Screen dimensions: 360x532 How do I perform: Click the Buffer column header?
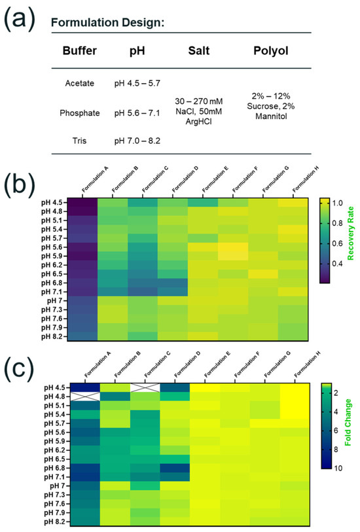point(79,50)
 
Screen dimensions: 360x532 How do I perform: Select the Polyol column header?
point(271,50)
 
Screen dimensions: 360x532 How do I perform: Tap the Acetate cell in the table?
point(79,83)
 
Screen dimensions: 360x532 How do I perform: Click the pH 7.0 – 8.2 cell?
point(137,141)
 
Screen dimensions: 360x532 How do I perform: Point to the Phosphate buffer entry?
point(79,113)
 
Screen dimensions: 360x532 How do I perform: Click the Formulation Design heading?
point(107,22)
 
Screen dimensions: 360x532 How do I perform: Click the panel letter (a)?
point(20,20)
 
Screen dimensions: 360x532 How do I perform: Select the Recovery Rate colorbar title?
point(351,234)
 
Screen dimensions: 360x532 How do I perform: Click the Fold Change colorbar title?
point(348,423)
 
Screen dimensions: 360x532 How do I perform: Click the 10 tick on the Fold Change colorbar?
point(338,468)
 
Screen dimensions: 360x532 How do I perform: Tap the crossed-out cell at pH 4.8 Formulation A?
point(85,397)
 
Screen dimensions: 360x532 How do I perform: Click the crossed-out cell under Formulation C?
point(145,387)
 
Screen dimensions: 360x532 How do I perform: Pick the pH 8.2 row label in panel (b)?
point(52,336)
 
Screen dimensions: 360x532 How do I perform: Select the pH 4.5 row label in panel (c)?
point(54,387)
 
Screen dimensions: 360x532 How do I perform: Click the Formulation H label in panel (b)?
point(306,179)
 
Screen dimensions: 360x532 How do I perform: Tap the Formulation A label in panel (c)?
point(98,364)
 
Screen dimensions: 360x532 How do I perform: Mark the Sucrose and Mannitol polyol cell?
point(271,106)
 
